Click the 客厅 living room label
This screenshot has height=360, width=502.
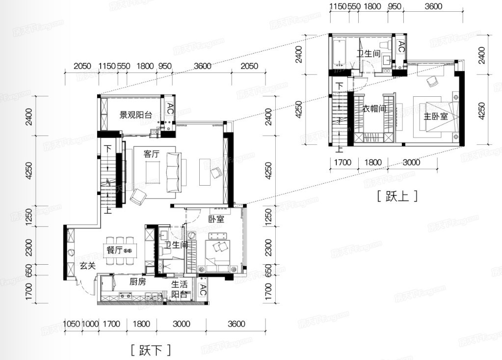click(x=152, y=154)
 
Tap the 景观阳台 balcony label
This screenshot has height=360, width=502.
click(x=135, y=114)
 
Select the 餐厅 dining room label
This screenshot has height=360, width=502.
click(x=114, y=250)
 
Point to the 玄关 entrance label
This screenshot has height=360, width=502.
click(x=87, y=266)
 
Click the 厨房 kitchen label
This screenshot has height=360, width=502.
click(x=138, y=281)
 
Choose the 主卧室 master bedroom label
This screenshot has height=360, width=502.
click(x=436, y=116)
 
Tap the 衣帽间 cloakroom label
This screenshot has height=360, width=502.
click(x=374, y=109)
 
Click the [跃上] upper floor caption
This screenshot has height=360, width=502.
click(x=397, y=195)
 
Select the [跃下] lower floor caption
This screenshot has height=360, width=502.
click(x=151, y=350)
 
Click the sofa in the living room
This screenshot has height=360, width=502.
click(x=173, y=172)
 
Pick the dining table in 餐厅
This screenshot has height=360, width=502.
click(x=120, y=250)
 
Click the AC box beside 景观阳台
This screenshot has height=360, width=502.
click(x=170, y=109)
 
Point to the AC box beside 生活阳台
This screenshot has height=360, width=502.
click(x=202, y=290)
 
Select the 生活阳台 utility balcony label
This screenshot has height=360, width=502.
click(x=179, y=289)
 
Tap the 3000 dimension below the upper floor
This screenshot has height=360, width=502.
click(x=411, y=163)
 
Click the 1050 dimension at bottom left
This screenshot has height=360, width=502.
click(x=71, y=324)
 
